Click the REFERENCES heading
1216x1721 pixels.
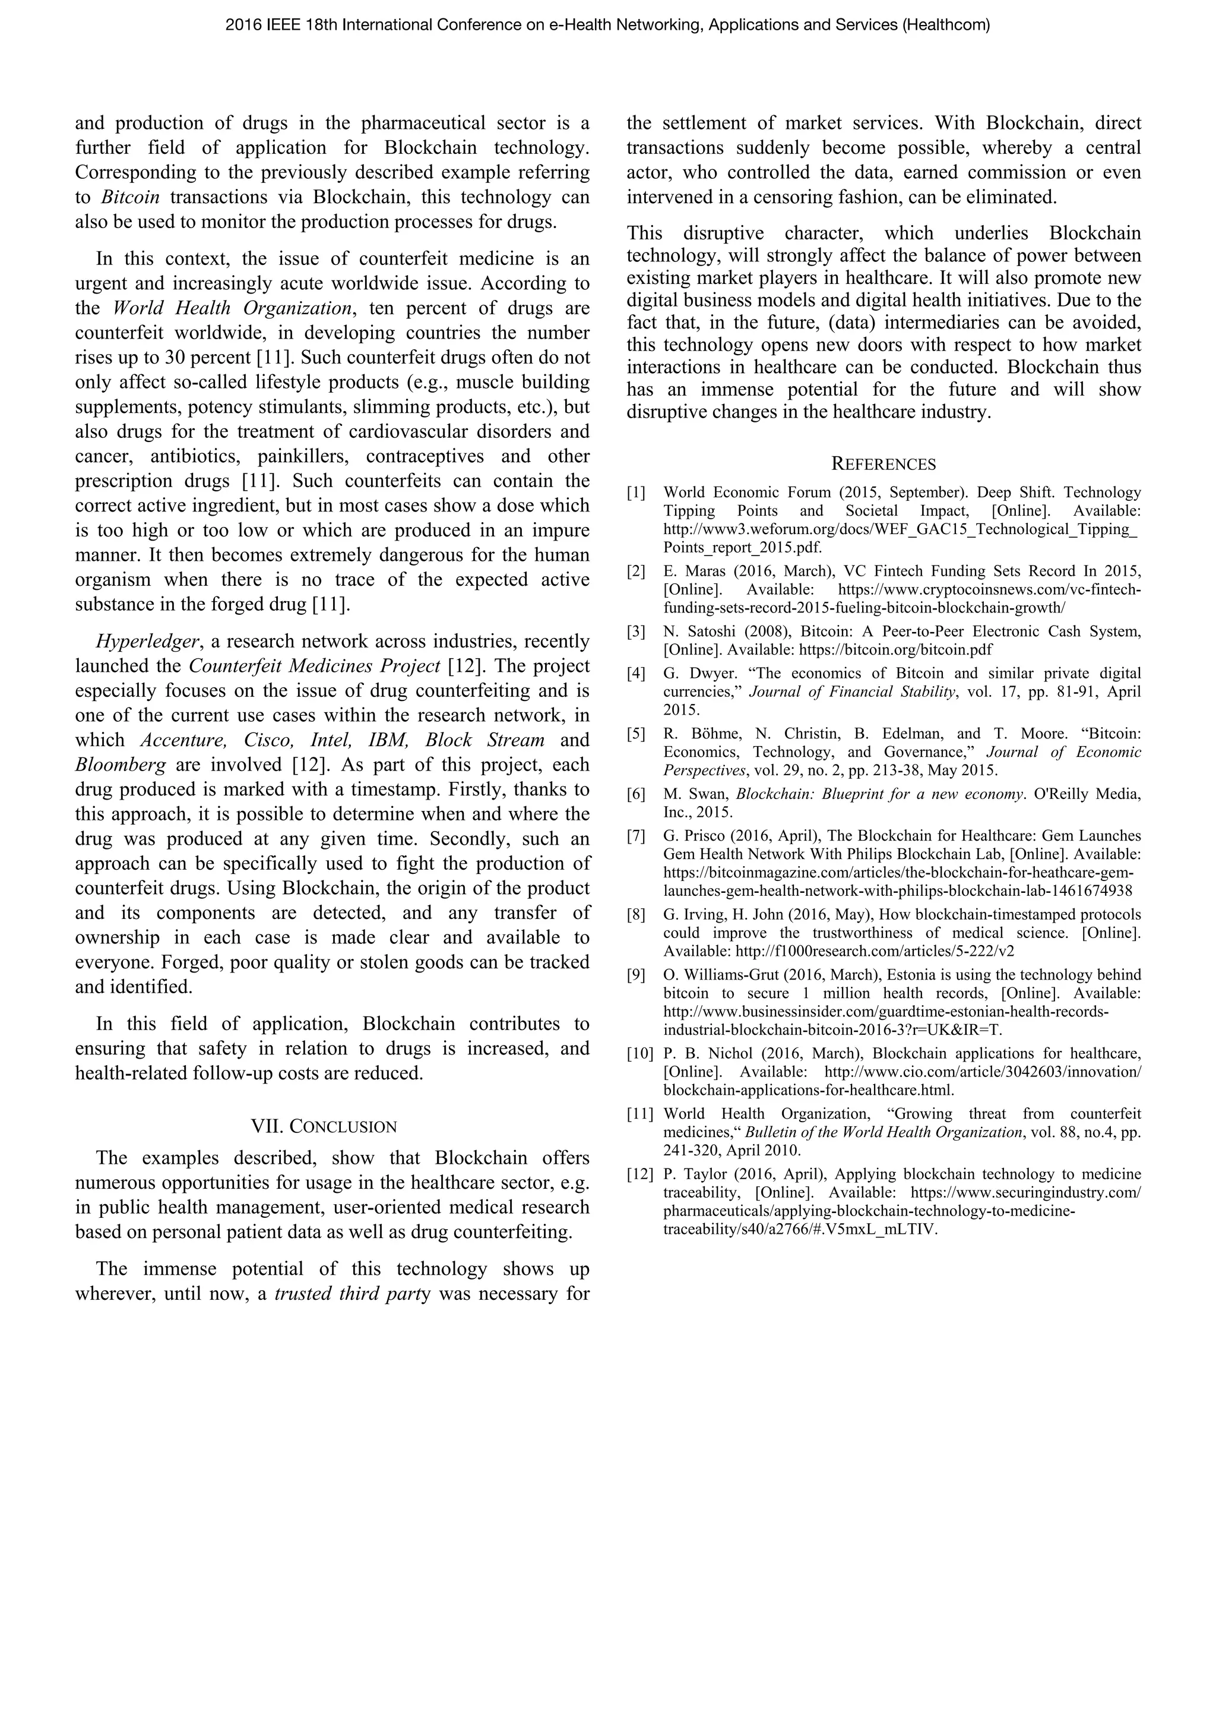click(883, 464)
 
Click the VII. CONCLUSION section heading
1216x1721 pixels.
click(324, 1126)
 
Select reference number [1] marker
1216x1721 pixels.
click(635, 492)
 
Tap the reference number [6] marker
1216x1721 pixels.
click(635, 794)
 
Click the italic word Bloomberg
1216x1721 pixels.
click(120, 765)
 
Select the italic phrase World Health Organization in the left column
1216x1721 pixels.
click(232, 308)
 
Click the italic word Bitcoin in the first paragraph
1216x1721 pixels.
click(129, 198)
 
